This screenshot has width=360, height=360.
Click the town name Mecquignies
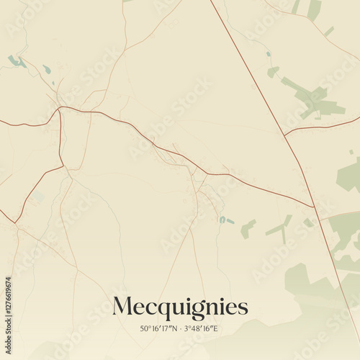click(x=180, y=307)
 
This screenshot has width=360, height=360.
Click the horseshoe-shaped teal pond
click(x=223, y=220)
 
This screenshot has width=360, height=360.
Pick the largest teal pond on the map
click(x=14, y=62)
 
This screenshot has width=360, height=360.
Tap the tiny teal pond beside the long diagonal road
click(x=268, y=54)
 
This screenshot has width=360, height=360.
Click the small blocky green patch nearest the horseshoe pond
click(x=247, y=229)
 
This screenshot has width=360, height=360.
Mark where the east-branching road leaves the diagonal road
click(x=285, y=135)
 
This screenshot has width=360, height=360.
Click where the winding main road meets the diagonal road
click(x=314, y=207)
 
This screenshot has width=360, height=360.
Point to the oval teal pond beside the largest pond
click(x=47, y=70)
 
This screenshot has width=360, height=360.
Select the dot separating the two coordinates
click(x=181, y=329)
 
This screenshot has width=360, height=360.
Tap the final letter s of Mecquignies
click(x=243, y=308)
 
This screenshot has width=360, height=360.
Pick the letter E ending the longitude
click(x=215, y=329)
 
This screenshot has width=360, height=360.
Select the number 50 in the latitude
click(x=144, y=329)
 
